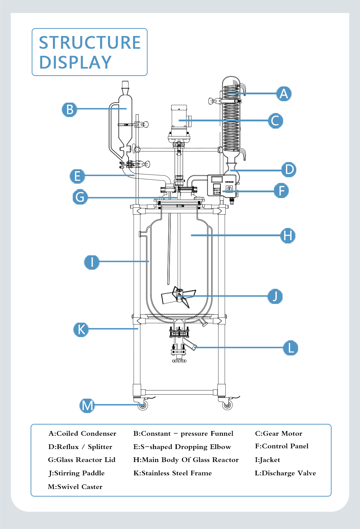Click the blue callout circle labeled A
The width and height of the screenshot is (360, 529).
click(x=284, y=94)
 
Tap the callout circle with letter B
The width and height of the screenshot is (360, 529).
click(x=69, y=109)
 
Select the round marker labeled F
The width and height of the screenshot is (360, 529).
click(x=281, y=190)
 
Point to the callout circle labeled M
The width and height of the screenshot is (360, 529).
click(x=87, y=405)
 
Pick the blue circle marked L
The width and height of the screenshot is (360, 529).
click(x=291, y=348)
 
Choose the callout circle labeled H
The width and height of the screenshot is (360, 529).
click(x=288, y=236)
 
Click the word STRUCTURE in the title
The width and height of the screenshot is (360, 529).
click(x=90, y=42)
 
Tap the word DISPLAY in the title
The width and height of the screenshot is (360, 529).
click(x=75, y=62)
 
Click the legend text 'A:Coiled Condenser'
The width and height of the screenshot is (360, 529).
click(x=82, y=434)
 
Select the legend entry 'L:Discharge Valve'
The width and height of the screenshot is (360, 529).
click(x=285, y=473)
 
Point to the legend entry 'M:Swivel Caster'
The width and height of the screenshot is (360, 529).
click(x=75, y=487)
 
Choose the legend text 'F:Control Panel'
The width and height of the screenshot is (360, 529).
click(x=282, y=446)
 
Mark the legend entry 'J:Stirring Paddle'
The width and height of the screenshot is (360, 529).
click(x=77, y=473)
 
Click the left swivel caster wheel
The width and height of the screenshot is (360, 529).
click(x=143, y=405)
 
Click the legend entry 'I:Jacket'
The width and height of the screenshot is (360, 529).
click(x=267, y=460)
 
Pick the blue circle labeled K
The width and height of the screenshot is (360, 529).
click(x=81, y=329)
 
